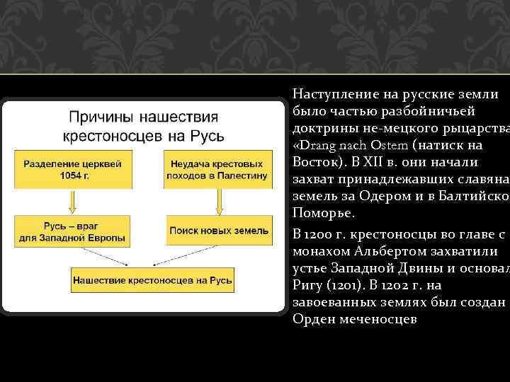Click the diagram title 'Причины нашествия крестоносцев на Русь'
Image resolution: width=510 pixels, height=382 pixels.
point(142,125)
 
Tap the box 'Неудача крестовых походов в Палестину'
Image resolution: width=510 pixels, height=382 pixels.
point(218,170)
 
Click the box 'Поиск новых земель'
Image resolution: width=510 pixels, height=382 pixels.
point(218,231)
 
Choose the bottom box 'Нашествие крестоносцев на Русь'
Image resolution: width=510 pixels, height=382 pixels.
point(152,281)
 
